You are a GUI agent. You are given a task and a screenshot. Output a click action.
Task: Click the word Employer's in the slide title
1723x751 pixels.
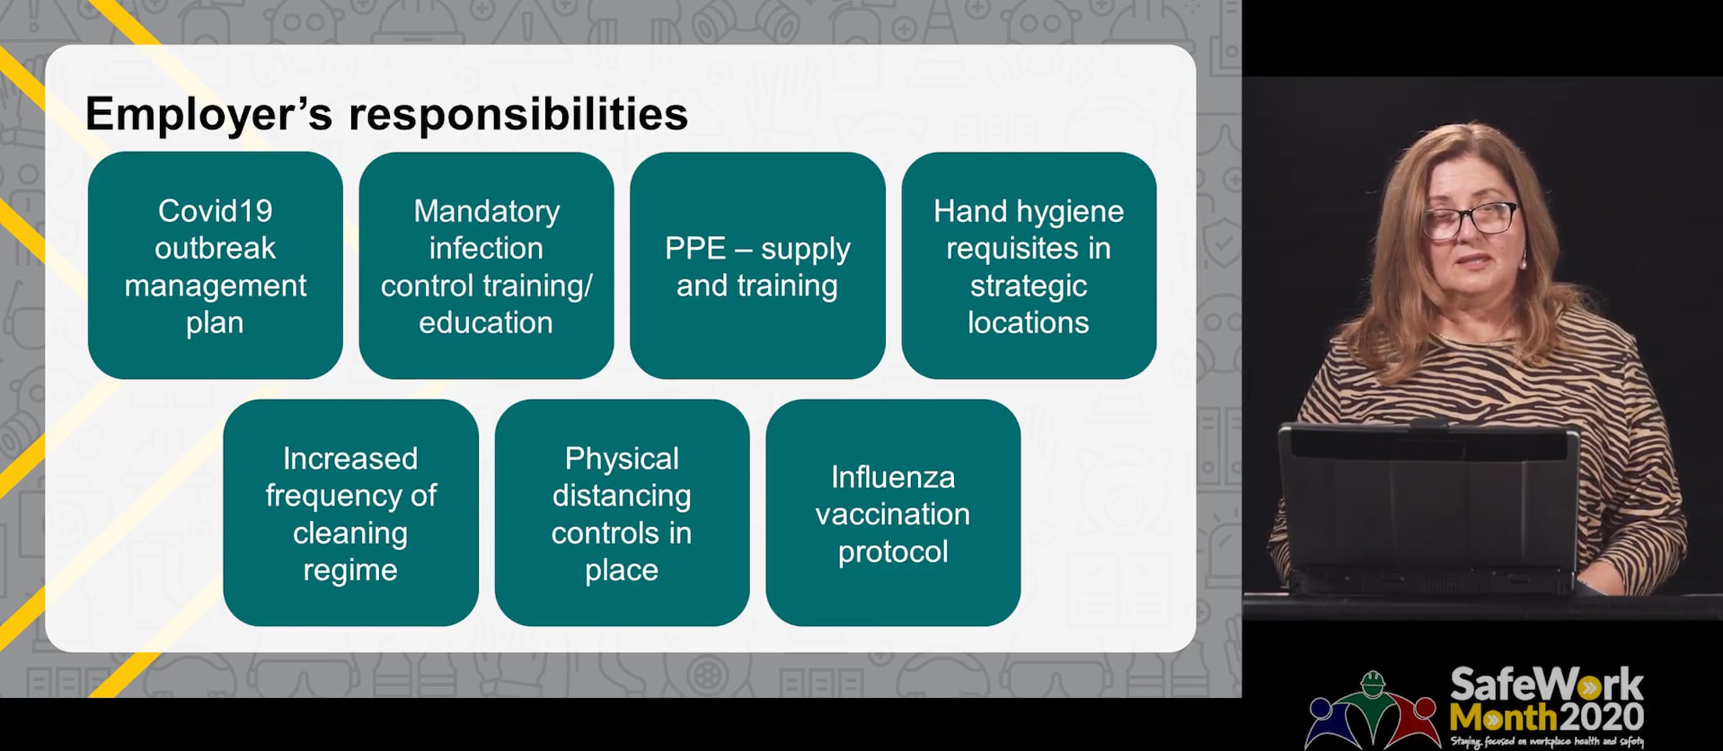[x=209, y=115]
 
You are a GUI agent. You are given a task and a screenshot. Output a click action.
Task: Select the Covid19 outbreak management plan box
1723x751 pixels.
[x=215, y=266]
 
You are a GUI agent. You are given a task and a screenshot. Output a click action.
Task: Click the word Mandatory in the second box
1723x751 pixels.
[x=487, y=212]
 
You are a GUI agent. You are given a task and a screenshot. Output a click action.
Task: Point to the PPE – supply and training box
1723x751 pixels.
[x=757, y=266]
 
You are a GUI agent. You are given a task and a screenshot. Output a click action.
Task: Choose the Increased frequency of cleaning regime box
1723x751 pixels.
[x=350, y=513]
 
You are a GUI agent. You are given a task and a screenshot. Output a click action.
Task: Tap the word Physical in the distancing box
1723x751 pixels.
[x=622, y=460]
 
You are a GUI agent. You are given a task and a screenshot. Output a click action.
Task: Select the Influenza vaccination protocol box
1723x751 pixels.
[x=893, y=513]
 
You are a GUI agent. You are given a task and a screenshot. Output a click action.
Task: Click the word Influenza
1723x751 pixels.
[x=893, y=477]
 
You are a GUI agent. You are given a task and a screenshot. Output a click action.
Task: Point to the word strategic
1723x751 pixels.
[x=1029, y=286]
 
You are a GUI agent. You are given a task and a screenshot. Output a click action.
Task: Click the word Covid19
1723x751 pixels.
[x=215, y=211]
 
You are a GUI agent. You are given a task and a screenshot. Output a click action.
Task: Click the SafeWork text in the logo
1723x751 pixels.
[x=1546, y=685]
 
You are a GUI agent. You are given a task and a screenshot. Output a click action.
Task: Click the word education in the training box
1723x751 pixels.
[x=486, y=323]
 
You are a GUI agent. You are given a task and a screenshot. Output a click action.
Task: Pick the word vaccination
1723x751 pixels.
[x=893, y=515]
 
